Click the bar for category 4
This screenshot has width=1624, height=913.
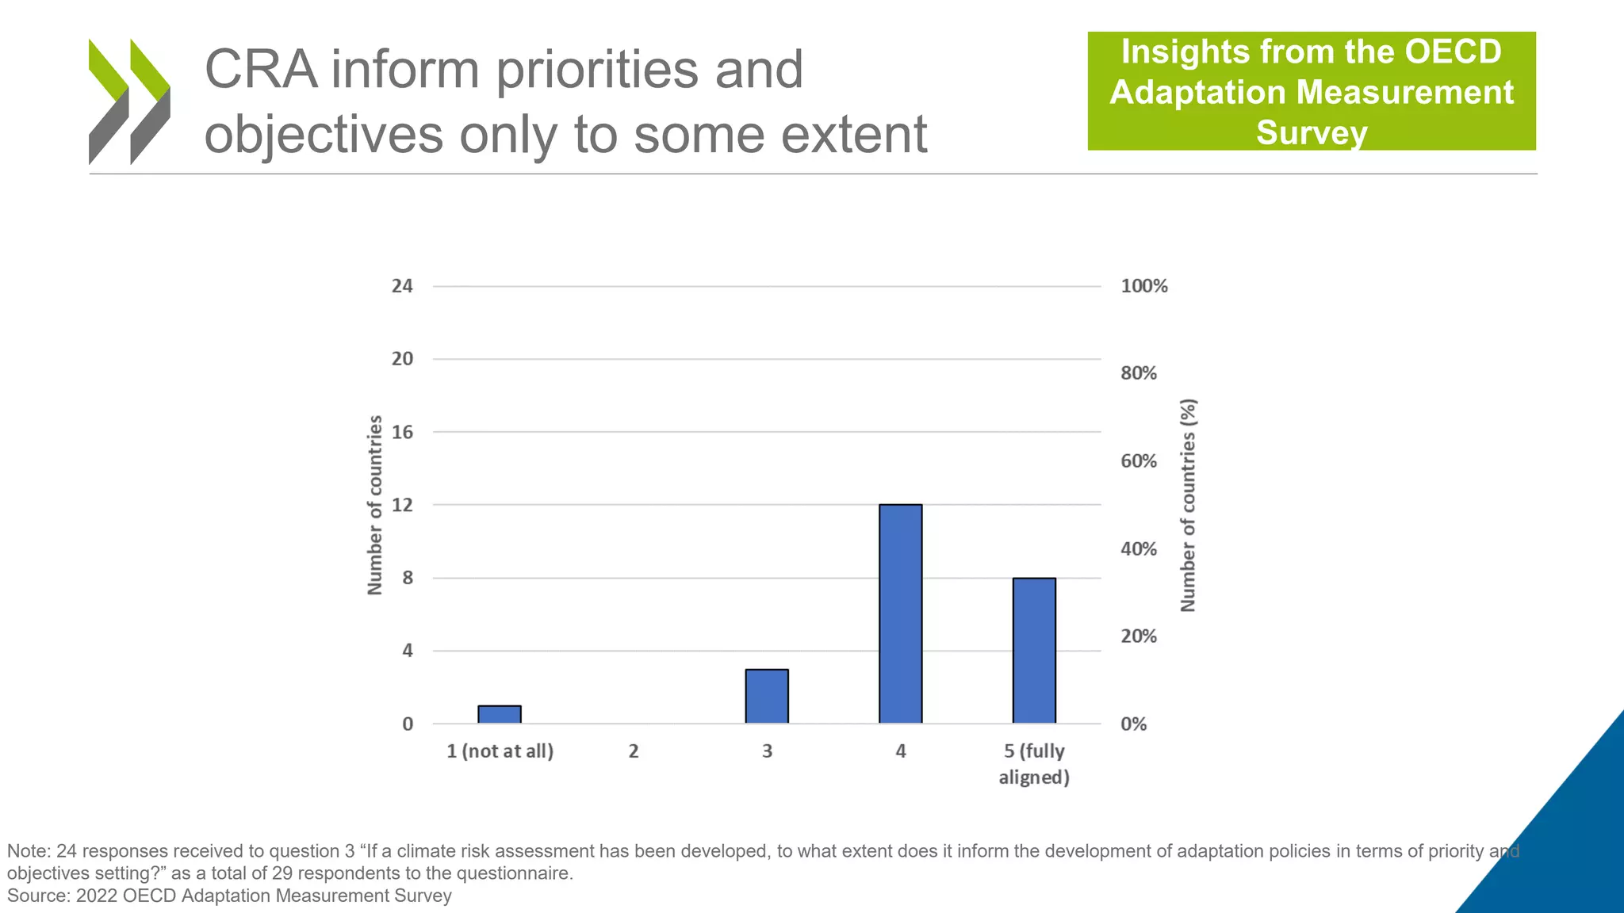pos(900,614)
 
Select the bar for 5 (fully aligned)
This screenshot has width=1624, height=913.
pos(1034,651)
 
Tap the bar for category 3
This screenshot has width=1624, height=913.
pos(767,697)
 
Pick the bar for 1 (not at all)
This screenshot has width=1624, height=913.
pos(500,714)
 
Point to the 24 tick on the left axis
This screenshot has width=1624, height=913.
pos(402,286)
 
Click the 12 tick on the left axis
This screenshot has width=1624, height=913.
pos(402,505)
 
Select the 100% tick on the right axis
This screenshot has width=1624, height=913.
pos(1143,286)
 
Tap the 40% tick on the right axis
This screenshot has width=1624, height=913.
pos(1138,548)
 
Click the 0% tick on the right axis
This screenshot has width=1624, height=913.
pos(1133,724)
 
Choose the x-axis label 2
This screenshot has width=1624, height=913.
pos(634,751)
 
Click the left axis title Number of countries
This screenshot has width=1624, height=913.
pos(375,505)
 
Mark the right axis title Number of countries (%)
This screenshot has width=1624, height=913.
pos(1188,505)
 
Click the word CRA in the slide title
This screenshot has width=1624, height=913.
pos(261,70)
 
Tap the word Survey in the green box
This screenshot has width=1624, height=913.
pos(1312,132)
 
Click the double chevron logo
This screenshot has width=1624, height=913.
pos(129,101)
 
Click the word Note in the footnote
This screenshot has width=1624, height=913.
pos(27,851)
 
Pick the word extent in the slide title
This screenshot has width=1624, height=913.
pos(854,135)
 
